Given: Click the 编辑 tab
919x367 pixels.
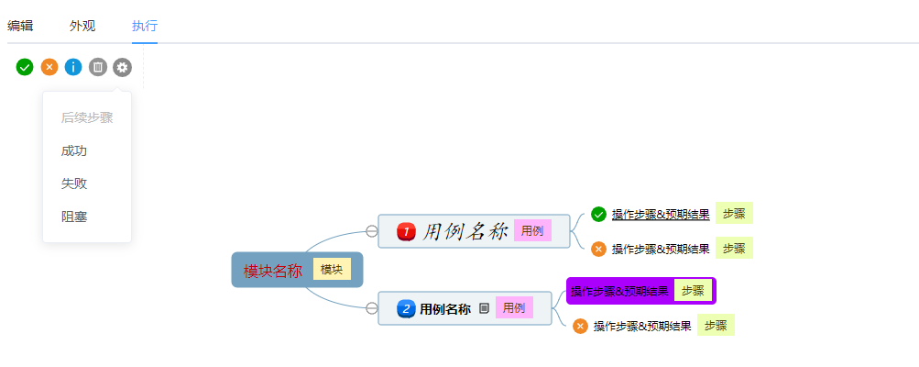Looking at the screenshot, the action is [x=20, y=26].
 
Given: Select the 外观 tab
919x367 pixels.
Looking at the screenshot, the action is [x=82, y=26].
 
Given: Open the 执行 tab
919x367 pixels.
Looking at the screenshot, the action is [x=145, y=26].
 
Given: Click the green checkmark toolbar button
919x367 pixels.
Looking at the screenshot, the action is [x=25, y=68].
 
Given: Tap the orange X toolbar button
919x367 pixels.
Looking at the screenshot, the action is [x=49, y=68].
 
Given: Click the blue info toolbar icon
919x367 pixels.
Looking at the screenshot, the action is [x=73, y=68].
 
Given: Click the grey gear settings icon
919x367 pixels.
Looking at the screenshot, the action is [x=123, y=68].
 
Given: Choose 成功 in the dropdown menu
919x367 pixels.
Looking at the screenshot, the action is [x=74, y=150].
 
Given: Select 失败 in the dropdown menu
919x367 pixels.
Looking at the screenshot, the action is [x=74, y=183].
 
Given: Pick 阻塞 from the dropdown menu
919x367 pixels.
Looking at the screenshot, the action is [x=74, y=217].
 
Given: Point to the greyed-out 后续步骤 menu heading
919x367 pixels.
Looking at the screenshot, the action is [x=87, y=118].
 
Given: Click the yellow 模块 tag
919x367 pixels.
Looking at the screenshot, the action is [x=332, y=270].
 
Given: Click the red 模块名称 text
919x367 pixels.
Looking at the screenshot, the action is [x=273, y=271].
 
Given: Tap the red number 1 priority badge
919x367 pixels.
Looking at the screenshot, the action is [x=406, y=231].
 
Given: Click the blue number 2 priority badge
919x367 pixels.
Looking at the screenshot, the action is [x=406, y=308].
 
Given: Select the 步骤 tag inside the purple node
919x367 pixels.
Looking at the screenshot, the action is [x=693, y=290].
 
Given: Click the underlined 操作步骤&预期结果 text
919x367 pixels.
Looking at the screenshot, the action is [x=661, y=215].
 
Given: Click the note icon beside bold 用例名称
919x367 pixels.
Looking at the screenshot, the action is [x=484, y=308].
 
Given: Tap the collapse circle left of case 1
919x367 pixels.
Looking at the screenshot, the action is [x=372, y=231].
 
